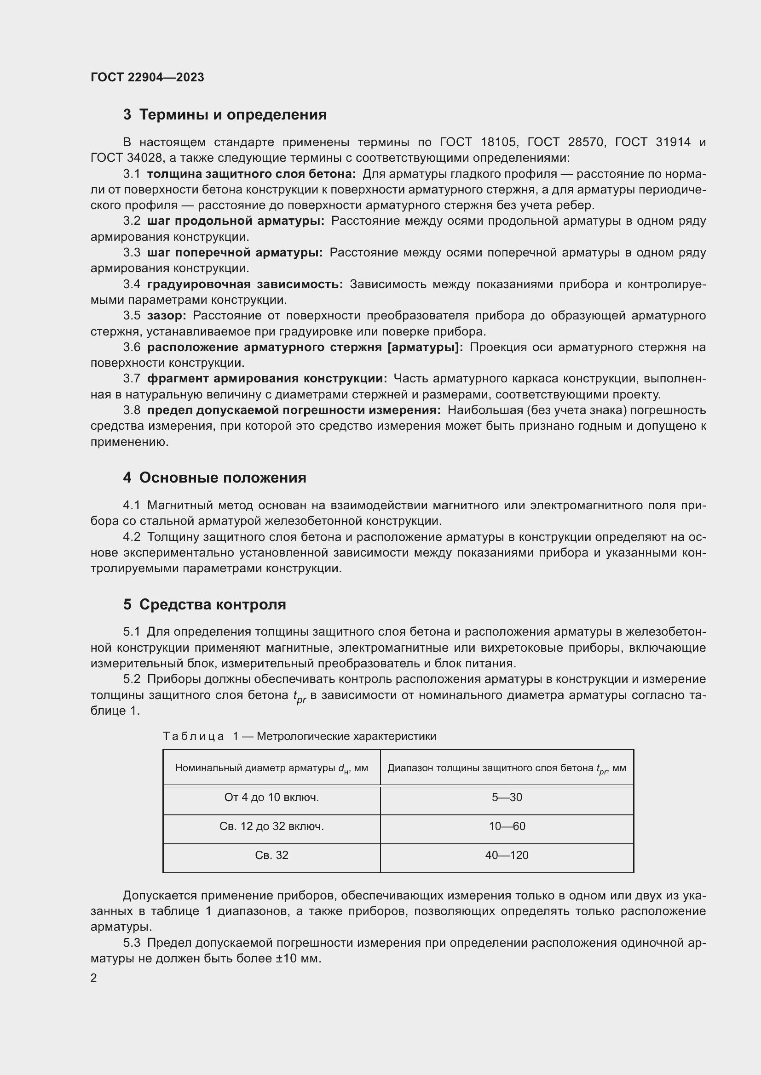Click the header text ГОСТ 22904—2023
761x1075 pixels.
[x=147, y=77]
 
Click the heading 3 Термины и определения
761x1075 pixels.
[x=225, y=114]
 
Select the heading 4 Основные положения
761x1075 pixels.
[x=214, y=478]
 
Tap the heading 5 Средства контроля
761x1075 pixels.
[x=204, y=604]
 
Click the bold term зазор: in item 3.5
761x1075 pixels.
[x=167, y=316]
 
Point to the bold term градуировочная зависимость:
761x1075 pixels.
[x=245, y=284]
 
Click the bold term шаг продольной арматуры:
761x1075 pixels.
[x=235, y=221]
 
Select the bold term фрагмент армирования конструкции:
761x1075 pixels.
[x=267, y=378]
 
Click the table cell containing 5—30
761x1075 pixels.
[x=507, y=797]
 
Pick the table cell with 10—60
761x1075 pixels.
[x=507, y=826]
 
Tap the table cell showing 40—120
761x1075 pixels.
[x=507, y=855]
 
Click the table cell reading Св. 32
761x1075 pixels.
[x=271, y=855]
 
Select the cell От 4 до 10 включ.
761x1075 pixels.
[x=271, y=797]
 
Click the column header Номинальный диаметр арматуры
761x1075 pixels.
[x=271, y=768]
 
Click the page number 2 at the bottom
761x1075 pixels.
[x=94, y=978]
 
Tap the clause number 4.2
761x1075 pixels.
[x=132, y=537]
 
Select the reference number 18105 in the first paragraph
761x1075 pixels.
[x=499, y=142]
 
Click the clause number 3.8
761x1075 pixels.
[x=132, y=410]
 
